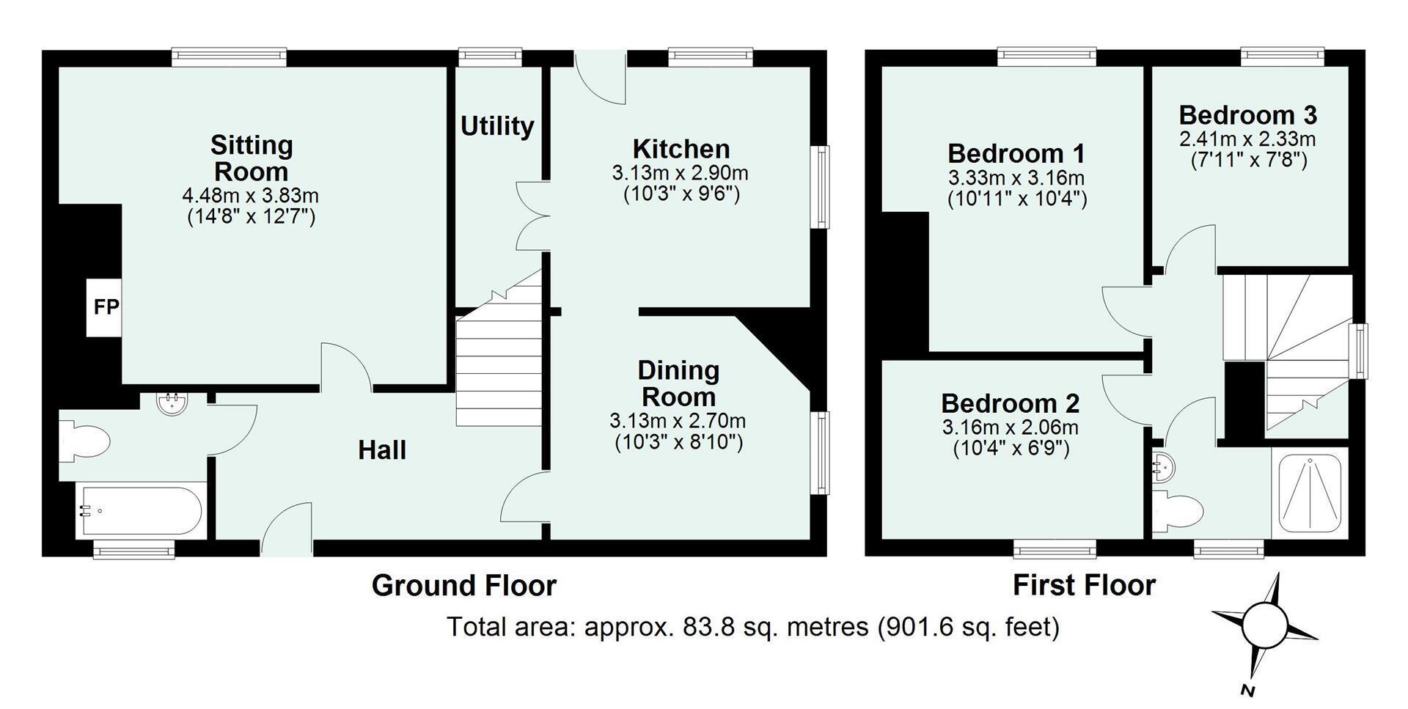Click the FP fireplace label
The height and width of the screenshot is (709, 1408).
[x=106, y=306]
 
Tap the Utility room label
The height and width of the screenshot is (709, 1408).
[x=497, y=126]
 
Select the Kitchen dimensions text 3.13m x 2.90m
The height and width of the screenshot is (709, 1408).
[x=680, y=173]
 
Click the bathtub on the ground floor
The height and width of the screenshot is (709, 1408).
[x=139, y=512]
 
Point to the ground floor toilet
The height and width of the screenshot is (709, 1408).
[x=84, y=441]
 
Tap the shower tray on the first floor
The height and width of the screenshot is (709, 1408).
[x=1310, y=491]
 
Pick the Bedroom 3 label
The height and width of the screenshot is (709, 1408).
[x=1247, y=115]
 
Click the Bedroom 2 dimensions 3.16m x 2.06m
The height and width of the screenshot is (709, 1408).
[x=1011, y=427]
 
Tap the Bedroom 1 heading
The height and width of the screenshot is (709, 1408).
[x=1016, y=153]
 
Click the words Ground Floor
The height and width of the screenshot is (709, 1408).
[x=464, y=585]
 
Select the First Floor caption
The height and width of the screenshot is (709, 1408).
[x=1084, y=585]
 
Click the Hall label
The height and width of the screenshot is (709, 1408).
[x=382, y=450]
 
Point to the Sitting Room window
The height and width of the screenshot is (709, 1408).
[x=229, y=56]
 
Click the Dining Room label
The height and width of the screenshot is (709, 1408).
[x=678, y=383]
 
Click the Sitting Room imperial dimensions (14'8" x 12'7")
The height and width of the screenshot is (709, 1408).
[x=252, y=217]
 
